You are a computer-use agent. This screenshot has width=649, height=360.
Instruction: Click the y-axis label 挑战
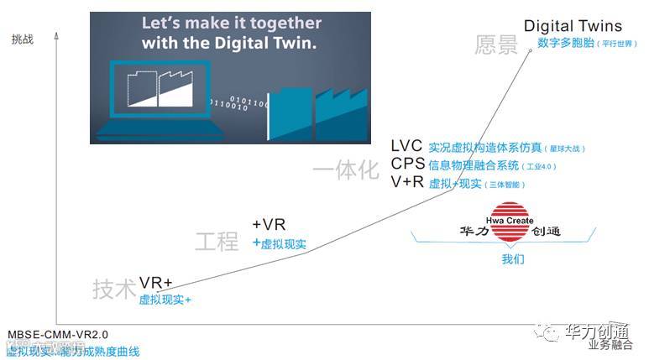click(23, 39)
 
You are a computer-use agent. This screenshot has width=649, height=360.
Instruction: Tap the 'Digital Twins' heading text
click(573, 26)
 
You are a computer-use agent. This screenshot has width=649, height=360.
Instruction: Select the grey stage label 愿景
click(496, 44)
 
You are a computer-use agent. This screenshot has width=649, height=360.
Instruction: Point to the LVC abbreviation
click(406, 146)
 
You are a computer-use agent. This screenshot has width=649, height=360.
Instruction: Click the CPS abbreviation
click(407, 164)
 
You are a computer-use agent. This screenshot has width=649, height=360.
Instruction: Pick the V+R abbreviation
click(407, 182)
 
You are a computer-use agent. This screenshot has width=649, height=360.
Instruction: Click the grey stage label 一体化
click(346, 170)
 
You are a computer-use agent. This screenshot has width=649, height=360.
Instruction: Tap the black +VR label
click(269, 224)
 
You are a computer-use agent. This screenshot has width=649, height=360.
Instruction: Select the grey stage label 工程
click(217, 242)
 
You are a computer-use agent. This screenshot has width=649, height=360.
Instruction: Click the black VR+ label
click(155, 283)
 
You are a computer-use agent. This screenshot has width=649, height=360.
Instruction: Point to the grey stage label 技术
click(114, 290)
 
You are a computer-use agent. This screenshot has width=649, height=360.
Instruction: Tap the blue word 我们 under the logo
click(513, 259)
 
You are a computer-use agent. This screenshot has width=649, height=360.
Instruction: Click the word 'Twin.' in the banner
click(291, 42)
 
